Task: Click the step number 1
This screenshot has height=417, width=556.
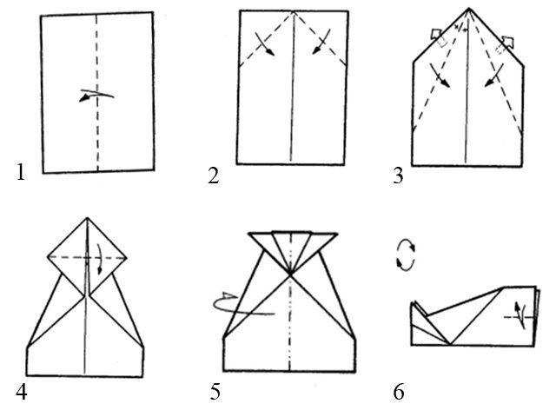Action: click(21, 173)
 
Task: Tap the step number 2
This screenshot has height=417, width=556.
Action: click(213, 175)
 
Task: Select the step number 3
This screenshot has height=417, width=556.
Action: click(398, 176)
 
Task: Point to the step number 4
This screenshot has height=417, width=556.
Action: click(21, 392)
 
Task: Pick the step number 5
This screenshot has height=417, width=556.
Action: click(215, 393)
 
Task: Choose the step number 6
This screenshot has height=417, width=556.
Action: click(399, 393)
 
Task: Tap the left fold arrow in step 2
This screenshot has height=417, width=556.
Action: click(265, 46)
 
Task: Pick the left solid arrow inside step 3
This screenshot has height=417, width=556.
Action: click(443, 79)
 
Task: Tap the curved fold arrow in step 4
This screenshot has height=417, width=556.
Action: click(99, 259)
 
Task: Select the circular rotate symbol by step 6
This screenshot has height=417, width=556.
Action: click(405, 256)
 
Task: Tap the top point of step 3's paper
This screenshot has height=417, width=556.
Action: click(469, 10)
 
